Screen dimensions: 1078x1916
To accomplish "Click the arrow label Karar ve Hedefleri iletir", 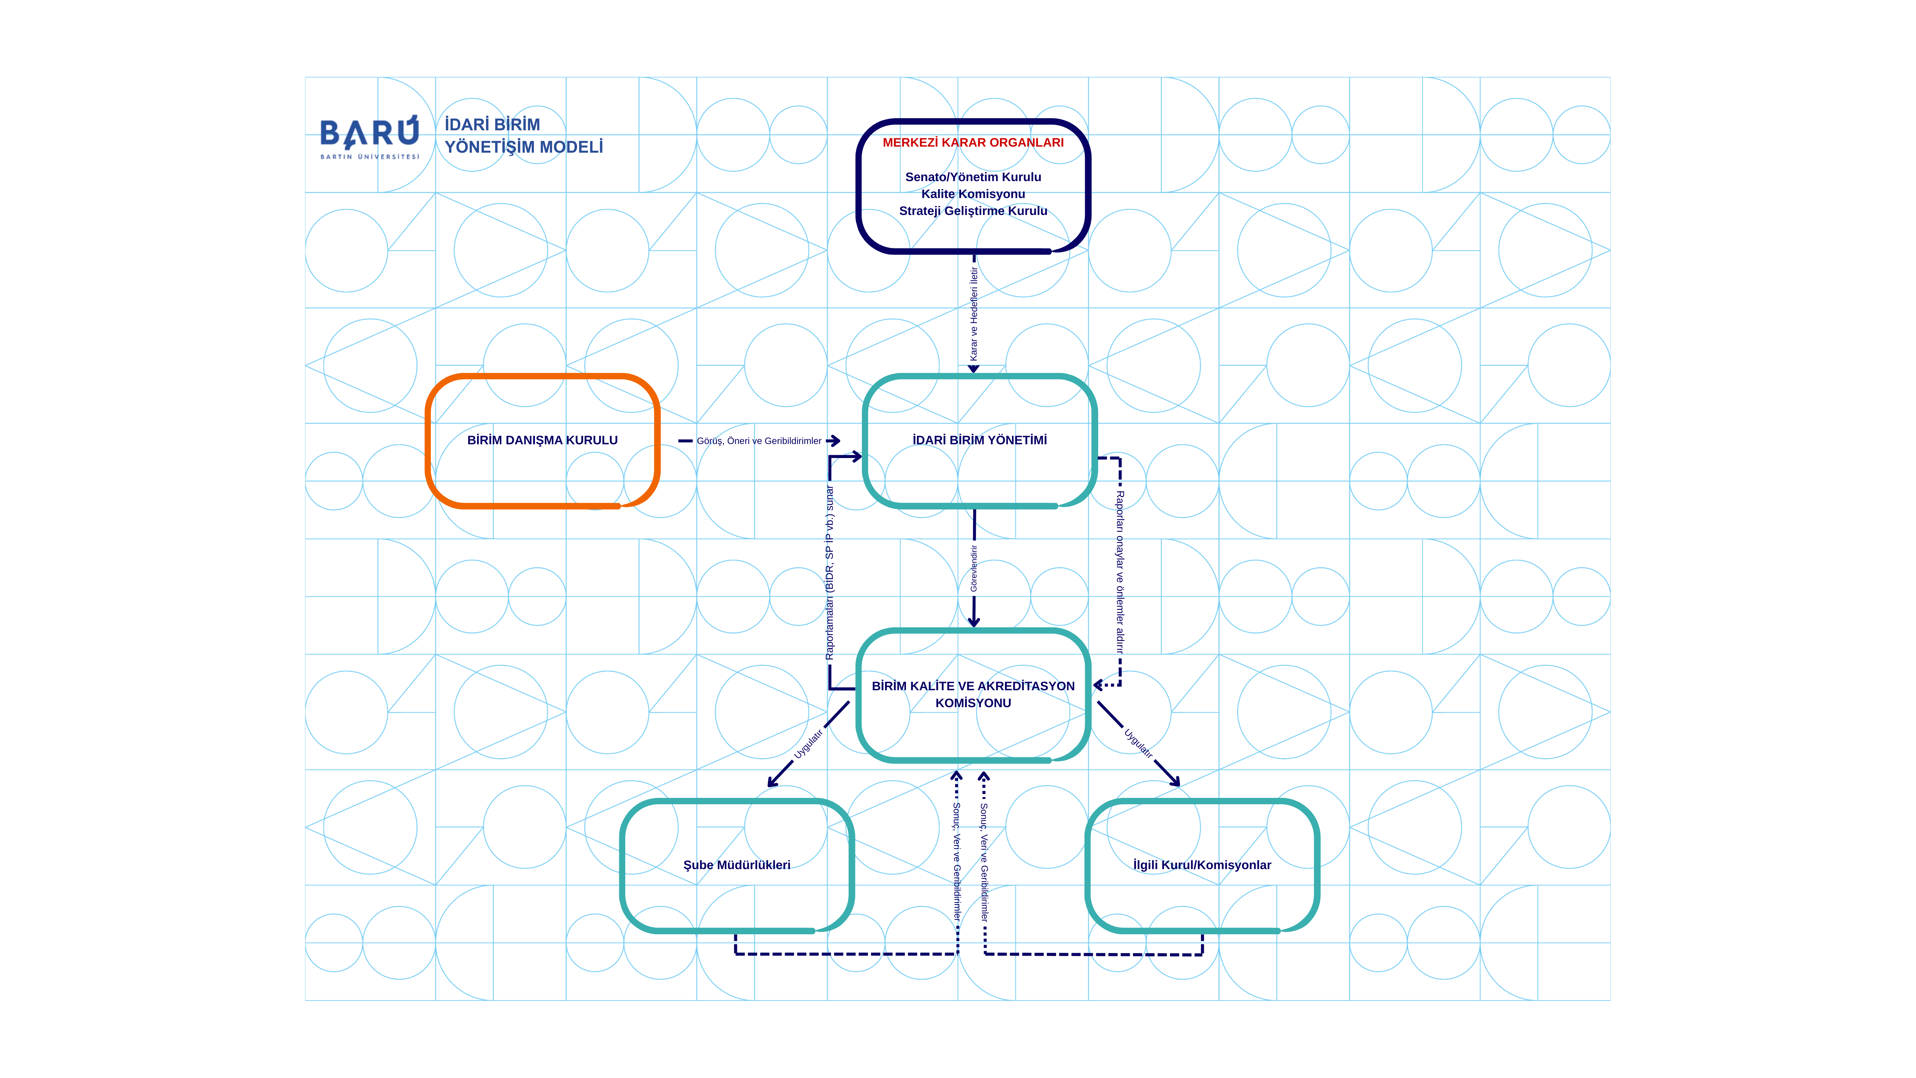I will tap(974, 314).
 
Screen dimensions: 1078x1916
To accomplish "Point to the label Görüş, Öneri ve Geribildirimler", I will tap(759, 441).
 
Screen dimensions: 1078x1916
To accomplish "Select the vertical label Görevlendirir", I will tap(974, 569).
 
